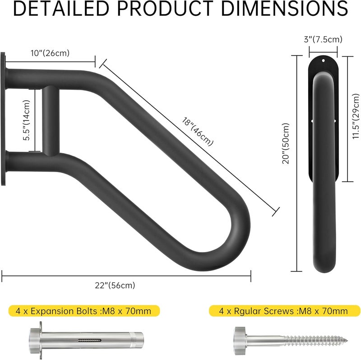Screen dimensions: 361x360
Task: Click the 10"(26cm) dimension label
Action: (50, 53)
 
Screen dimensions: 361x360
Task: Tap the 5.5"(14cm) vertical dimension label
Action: (27, 120)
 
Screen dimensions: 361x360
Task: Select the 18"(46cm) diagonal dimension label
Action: (198, 132)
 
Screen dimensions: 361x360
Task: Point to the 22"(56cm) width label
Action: (115, 285)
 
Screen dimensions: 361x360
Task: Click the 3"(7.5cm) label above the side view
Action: (323, 39)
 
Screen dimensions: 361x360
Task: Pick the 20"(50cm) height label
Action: (286, 143)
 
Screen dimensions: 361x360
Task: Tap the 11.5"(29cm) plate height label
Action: (356, 116)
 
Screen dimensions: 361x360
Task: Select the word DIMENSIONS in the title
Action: (284, 9)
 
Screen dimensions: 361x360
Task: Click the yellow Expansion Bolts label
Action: (84, 311)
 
